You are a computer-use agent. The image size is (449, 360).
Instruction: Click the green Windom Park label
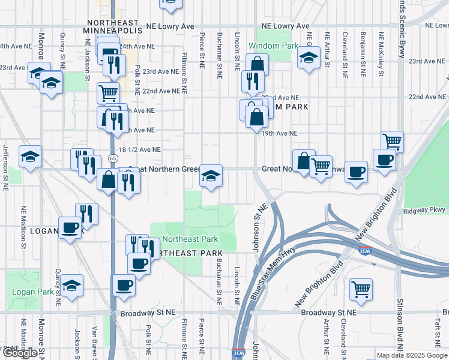273,46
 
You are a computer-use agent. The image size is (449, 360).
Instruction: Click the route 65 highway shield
113,158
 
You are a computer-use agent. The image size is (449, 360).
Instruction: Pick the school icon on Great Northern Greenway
211,175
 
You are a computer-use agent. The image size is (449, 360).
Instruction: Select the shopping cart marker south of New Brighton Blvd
361,289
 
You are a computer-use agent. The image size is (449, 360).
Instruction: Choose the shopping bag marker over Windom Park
257,64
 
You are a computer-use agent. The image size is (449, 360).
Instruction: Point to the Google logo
20,353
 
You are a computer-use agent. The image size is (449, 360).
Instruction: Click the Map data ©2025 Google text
412,355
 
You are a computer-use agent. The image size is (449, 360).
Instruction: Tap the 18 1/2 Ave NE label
140,149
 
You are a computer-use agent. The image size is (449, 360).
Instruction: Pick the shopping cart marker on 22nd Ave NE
108,92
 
